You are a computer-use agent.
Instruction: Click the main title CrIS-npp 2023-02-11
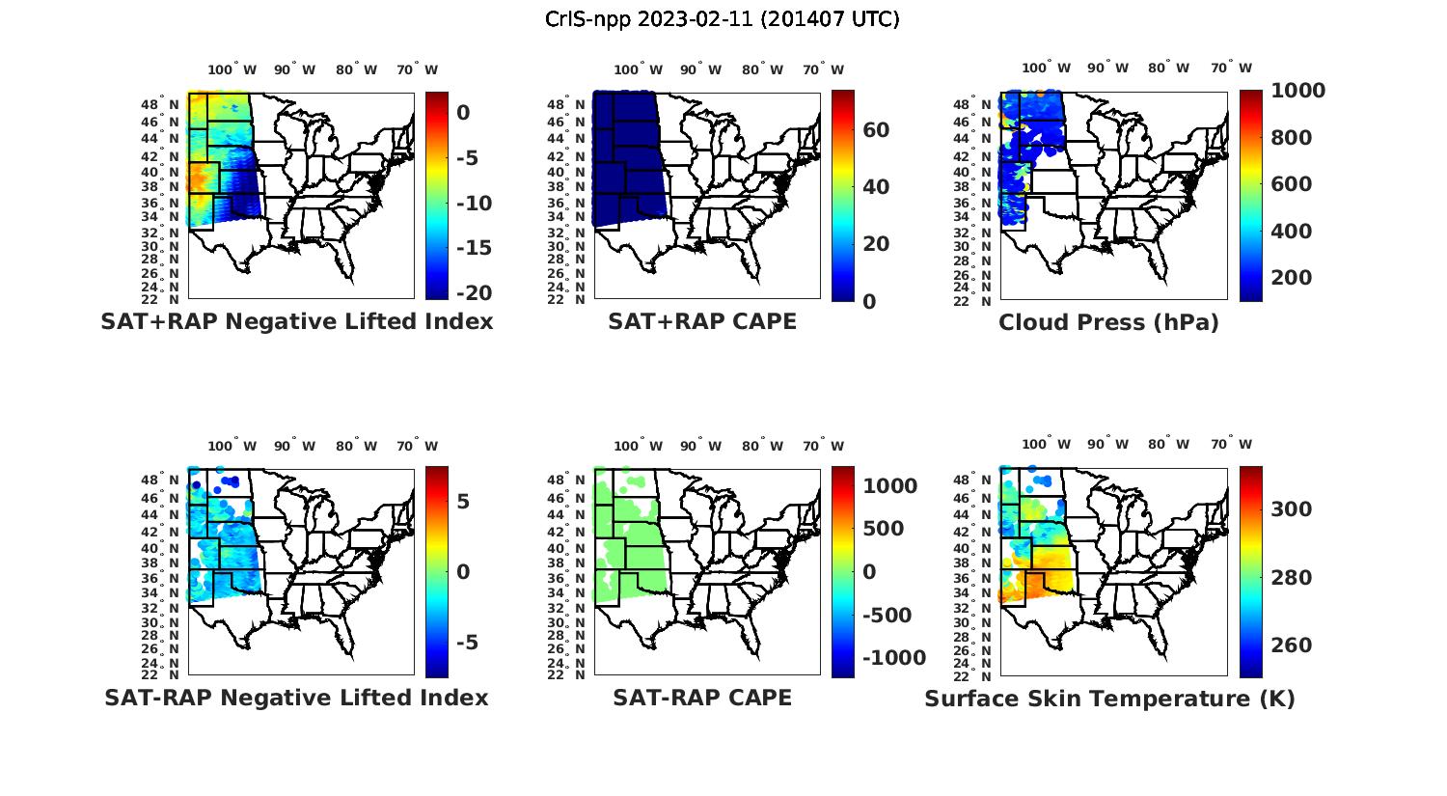722,19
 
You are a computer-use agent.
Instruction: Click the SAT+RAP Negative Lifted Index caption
296,322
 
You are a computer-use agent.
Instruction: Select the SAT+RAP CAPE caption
702,322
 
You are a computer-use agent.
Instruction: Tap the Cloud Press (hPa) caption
1108,322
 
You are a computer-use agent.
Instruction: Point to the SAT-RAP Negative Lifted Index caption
296,698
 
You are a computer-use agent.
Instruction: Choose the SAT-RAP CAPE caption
702,698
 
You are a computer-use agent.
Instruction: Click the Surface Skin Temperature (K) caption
1109,699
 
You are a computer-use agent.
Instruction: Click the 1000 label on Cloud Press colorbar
1297,91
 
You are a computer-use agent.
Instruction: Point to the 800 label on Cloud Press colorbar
1292,138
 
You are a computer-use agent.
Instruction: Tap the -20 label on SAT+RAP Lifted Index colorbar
474,293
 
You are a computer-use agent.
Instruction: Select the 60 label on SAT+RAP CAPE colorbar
876,130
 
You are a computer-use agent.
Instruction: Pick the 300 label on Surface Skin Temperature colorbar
1292,509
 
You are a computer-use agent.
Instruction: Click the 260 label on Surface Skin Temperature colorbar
1292,645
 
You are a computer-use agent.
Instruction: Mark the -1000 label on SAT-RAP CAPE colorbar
894,658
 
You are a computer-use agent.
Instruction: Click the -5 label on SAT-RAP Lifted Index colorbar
462,643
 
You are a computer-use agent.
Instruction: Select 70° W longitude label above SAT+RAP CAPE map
823,69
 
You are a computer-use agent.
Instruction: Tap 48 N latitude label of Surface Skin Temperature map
971,480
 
